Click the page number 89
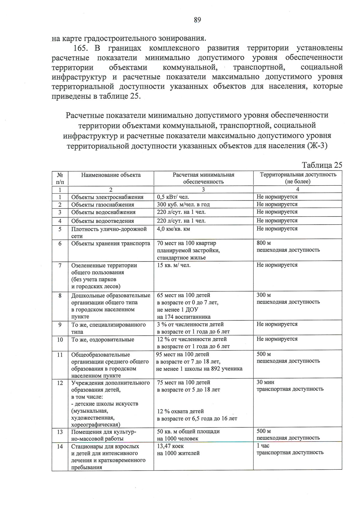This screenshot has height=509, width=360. (x=197, y=20)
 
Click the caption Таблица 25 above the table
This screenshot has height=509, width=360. (x=322, y=165)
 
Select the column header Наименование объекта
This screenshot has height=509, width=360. (x=111, y=175)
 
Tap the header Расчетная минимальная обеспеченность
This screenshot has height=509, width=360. (x=203, y=178)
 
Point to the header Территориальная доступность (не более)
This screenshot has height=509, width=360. (x=298, y=178)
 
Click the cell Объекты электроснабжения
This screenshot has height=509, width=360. (x=107, y=197)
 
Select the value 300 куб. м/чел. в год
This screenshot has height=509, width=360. (x=183, y=205)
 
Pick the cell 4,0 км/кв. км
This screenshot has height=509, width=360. (x=173, y=229)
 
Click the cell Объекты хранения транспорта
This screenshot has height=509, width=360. (x=110, y=243)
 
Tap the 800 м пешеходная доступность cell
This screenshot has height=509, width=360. (x=288, y=247)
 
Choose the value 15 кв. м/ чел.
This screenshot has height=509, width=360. (x=174, y=265)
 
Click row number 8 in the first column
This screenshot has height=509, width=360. (x=60, y=295)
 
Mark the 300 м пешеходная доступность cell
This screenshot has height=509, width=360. (x=288, y=298)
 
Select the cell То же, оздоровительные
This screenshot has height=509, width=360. (x=103, y=340)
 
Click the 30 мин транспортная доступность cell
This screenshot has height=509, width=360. (x=290, y=386)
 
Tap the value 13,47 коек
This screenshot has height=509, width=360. (x=170, y=446)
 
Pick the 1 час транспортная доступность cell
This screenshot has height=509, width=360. (x=290, y=449)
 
